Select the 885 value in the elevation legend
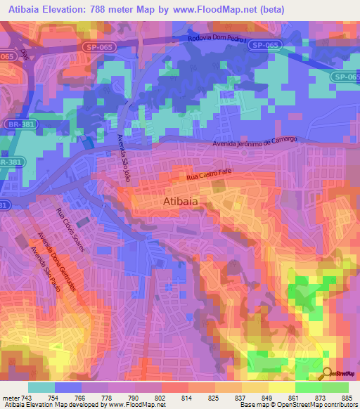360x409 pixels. (347, 397)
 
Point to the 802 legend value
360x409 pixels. (161, 397)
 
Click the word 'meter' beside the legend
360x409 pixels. (11, 397)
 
